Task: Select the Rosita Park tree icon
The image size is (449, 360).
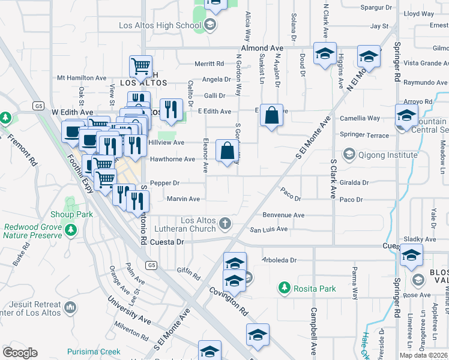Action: [x=284, y=288]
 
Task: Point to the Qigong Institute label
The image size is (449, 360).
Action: [x=388, y=155]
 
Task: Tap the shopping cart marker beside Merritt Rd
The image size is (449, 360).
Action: [x=140, y=67]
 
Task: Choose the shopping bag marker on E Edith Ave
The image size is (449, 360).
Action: [x=271, y=116]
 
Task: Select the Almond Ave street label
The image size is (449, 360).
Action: [x=262, y=47]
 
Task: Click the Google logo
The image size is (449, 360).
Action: [x=20, y=353]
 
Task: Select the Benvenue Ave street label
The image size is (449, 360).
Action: [x=283, y=215]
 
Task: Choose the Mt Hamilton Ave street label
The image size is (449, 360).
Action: [x=81, y=78]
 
